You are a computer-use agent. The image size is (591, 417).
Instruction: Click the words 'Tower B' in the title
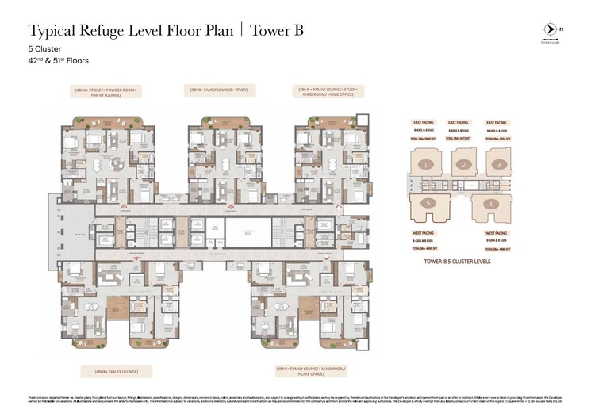[x=276, y=31]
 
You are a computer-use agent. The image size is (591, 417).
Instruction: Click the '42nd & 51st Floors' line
[x=59, y=60]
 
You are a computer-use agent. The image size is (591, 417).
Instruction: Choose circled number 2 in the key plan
[x=461, y=165]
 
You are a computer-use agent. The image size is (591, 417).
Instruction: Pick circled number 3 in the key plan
[x=497, y=165]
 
